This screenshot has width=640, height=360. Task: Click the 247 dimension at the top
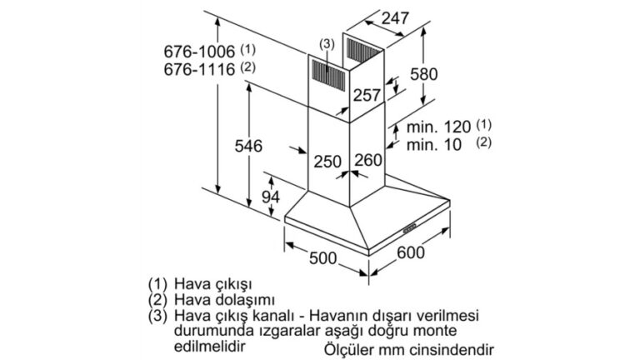(x=395, y=18)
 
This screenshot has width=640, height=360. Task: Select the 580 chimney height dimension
(x=423, y=74)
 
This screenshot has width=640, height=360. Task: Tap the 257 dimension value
(x=367, y=95)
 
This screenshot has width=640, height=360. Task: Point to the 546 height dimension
(x=248, y=146)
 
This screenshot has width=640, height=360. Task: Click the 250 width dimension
(x=327, y=162)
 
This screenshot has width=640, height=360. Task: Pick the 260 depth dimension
(x=368, y=160)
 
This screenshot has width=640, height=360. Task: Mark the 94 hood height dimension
(x=271, y=197)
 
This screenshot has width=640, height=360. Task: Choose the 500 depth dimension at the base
(x=322, y=258)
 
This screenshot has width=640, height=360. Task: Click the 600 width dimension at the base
(x=411, y=252)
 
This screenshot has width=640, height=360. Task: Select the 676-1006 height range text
(x=199, y=52)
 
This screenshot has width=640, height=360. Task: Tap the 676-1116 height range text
(x=199, y=69)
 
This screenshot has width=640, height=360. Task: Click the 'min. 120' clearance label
(x=439, y=127)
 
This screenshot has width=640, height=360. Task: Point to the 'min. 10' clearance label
(x=434, y=144)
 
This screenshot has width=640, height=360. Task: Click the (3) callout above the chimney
(x=327, y=43)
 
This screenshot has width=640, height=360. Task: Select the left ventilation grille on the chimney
(x=328, y=75)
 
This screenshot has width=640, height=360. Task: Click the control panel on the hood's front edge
(x=410, y=228)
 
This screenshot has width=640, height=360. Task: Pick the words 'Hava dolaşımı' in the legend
(x=224, y=300)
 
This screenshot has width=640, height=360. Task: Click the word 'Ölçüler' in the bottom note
(x=349, y=350)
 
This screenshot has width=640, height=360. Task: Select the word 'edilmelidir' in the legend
(x=210, y=346)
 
